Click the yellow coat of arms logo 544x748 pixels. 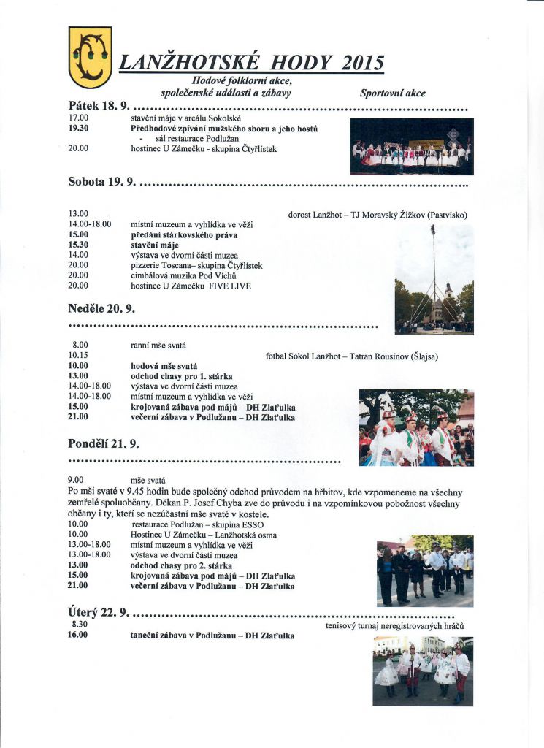click(x=90, y=57)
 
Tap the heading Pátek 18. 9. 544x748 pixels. click(x=97, y=106)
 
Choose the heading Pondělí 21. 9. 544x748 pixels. click(x=104, y=443)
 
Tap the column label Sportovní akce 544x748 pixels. click(x=393, y=93)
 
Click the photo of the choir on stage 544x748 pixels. click(x=411, y=146)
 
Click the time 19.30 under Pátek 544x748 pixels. click(x=79, y=127)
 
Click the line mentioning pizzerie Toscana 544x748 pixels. click(x=196, y=265)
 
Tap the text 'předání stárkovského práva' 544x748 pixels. click(x=184, y=234)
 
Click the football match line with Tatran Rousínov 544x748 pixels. click(x=352, y=356)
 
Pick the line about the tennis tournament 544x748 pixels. click(x=395, y=626)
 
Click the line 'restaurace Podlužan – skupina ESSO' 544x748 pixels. click(x=198, y=524)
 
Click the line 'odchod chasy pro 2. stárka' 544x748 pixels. click(x=181, y=565)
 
